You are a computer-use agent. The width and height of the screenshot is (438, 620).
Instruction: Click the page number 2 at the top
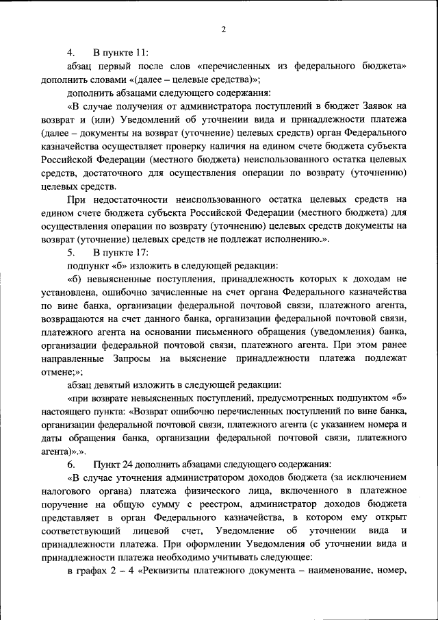point(223,28)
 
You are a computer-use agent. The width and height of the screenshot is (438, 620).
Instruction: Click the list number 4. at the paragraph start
point(70,53)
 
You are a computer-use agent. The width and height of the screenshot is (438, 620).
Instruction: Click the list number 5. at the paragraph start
point(70,251)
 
